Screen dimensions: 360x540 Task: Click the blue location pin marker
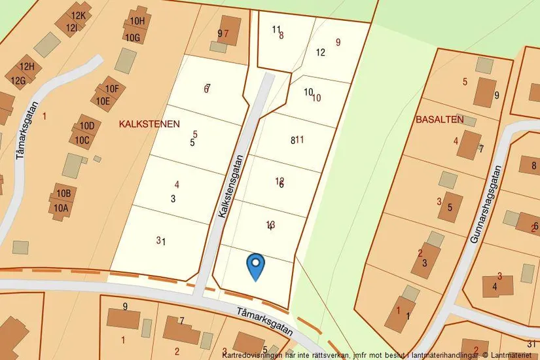point(255,266)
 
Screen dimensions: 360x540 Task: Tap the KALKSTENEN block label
point(149,124)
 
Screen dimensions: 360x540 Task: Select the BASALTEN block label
point(439,120)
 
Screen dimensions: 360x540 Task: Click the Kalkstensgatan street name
point(230,187)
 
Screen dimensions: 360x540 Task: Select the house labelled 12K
point(79,16)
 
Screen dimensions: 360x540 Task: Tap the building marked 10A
point(62,208)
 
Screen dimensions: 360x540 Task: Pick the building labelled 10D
point(86,126)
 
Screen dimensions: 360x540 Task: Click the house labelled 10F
point(111,89)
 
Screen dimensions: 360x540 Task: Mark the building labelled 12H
point(27,67)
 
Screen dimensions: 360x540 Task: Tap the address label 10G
point(133,38)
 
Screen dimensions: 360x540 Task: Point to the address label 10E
point(103,101)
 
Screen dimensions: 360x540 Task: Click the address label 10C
point(82,139)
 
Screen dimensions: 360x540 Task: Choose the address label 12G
point(18,81)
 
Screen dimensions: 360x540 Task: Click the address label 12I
point(73,27)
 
